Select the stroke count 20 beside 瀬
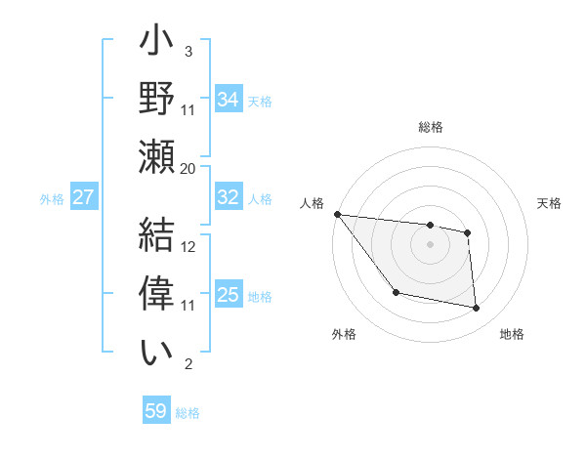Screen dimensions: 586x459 188,169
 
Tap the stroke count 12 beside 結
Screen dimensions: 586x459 188,247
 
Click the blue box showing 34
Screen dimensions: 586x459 228,99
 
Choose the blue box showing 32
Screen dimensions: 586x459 228,197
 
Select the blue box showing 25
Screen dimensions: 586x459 228,295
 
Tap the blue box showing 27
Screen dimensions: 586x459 83,197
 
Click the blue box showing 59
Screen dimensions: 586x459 156,411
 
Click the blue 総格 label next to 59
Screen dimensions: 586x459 188,412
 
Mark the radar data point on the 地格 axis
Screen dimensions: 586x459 477,309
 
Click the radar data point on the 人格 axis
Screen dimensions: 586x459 337,214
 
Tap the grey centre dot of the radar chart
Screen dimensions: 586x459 430,244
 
